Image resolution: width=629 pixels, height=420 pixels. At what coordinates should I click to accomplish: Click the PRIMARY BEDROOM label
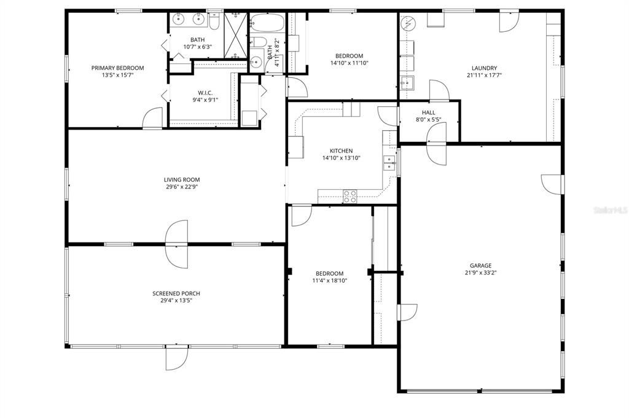pyautogui.click(x=117, y=68)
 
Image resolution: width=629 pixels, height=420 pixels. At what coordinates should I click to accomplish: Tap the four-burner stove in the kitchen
pyautogui.click(x=350, y=196)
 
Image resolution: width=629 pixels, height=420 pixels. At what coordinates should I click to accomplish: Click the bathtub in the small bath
pyautogui.click(x=267, y=23)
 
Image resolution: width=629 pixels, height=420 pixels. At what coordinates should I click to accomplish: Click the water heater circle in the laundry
pyautogui.click(x=408, y=24)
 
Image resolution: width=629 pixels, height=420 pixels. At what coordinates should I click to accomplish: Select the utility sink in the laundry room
pyautogui.click(x=407, y=82)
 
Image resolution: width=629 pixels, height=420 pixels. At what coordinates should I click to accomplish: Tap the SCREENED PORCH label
pyautogui.click(x=176, y=294)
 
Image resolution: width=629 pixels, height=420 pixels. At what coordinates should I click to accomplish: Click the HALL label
pyautogui.click(x=428, y=112)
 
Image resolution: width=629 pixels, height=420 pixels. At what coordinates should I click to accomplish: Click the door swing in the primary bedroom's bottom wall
pyautogui.click(x=152, y=119)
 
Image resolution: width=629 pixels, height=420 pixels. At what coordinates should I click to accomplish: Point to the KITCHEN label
pyautogui.click(x=341, y=150)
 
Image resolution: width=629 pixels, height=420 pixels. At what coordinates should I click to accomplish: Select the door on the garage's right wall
pyautogui.click(x=552, y=183)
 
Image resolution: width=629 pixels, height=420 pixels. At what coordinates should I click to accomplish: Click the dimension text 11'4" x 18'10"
pyautogui.click(x=329, y=281)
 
